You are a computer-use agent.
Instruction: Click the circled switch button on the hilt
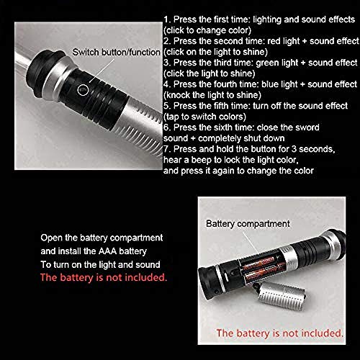click(x=83, y=90)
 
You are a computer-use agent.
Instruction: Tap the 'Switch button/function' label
click(x=117, y=52)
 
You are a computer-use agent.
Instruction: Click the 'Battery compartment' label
click(x=248, y=224)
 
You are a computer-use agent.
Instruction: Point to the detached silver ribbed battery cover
click(x=282, y=294)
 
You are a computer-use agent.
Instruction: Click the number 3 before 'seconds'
click(x=294, y=149)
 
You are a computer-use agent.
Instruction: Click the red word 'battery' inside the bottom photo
click(x=255, y=333)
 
